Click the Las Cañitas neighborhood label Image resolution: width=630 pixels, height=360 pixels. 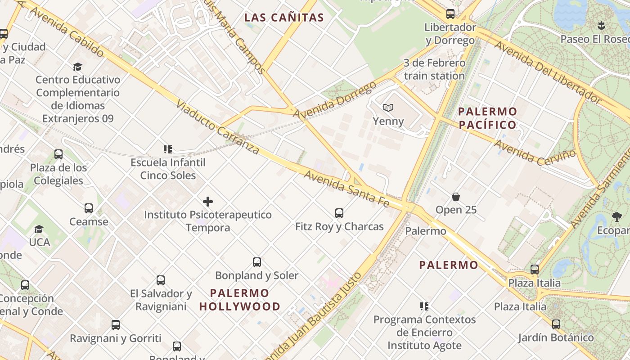click(x=284, y=18)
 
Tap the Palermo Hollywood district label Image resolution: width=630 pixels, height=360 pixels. click(x=240, y=300)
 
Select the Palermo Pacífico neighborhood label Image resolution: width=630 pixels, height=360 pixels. click(x=487, y=118)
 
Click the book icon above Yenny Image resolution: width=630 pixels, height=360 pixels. click(x=388, y=108)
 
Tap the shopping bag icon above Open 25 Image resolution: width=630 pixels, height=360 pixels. click(x=456, y=197)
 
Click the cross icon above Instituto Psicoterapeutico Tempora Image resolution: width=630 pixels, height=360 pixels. click(x=208, y=202)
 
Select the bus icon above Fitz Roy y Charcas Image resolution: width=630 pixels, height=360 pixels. click(x=339, y=213)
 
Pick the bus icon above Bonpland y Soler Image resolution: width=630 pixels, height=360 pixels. click(x=257, y=262)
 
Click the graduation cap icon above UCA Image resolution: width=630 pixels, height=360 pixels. click(x=39, y=229)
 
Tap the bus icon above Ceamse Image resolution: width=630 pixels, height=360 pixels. click(x=89, y=208)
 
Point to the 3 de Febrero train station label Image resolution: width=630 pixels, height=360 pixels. click(x=434, y=69)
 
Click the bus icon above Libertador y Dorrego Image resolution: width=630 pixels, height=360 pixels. click(x=450, y=14)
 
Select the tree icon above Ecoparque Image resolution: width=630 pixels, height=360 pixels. click(x=616, y=217)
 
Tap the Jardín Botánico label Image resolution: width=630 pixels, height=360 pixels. click(x=556, y=337)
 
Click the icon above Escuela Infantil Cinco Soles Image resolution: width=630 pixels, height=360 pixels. click(x=168, y=149)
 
